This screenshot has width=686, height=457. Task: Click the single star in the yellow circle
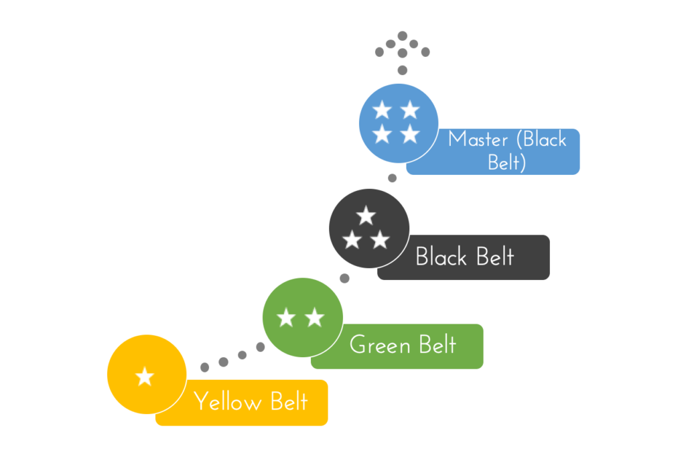click(x=145, y=377)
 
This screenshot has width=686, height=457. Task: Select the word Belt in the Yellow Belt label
click(x=289, y=402)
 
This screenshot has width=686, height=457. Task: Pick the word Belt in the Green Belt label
click(x=437, y=345)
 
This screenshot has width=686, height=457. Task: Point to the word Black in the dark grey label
click(x=441, y=257)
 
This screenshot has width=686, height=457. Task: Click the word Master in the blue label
click(x=478, y=139)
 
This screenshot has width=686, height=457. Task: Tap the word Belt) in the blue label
click(x=506, y=162)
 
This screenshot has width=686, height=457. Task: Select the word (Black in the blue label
click(x=539, y=139)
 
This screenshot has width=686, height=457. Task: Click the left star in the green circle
click(x=286, y=318)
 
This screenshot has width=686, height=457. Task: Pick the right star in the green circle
click(x=315, y=318)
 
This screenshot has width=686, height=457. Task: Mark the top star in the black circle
click(x=366, y=216)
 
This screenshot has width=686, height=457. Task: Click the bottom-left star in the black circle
click(x=352, y=239)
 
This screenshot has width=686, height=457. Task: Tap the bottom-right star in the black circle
click(x=380, y=239)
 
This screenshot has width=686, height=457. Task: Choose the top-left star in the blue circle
click(x=382, y=110)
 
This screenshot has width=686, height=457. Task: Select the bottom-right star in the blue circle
click(x=410, y=134)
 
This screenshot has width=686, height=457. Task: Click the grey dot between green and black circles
click(x=344, y=278)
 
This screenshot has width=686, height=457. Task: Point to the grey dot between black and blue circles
click(x=393, y=178)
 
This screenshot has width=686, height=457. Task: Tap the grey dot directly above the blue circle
click(x=403, y=70)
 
